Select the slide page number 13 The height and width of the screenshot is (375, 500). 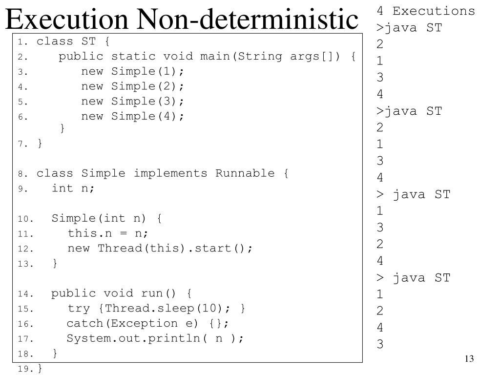(469, 359)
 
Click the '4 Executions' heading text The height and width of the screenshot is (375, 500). (425, 11)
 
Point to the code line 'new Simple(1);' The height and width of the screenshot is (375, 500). (133, 71)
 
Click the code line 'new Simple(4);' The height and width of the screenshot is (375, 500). (133, 116)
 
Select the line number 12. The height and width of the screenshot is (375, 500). (24, 249)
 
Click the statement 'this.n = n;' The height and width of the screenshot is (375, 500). (108, 233)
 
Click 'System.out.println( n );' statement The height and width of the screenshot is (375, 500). (155, 338)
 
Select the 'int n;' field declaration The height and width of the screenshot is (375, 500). (73, 188)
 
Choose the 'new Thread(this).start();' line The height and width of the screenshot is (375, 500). (160, 248)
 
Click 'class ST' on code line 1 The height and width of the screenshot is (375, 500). (66, 41)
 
